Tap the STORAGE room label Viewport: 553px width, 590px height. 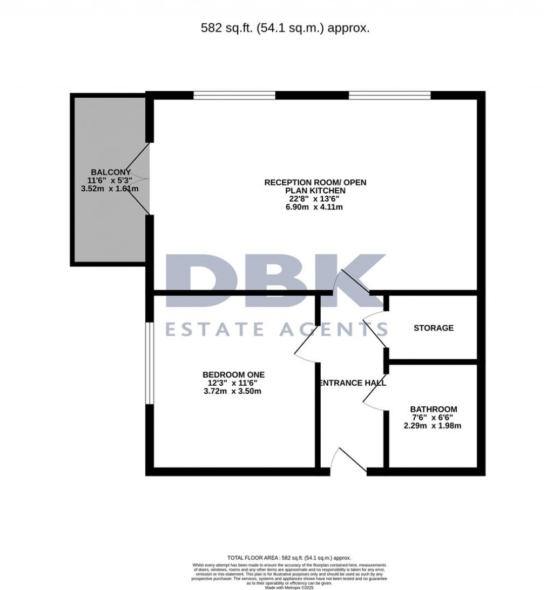(433, 328)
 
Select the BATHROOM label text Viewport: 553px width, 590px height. (433, 409)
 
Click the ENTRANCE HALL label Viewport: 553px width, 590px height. (353, 383)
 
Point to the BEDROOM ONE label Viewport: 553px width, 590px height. (233, 374)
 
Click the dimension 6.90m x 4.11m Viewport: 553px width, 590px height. (315, 207)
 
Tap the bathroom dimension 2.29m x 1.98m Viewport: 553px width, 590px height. (433, 426)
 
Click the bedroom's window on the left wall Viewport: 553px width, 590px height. (149, 363)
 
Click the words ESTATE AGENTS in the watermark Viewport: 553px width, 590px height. (276, 328)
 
